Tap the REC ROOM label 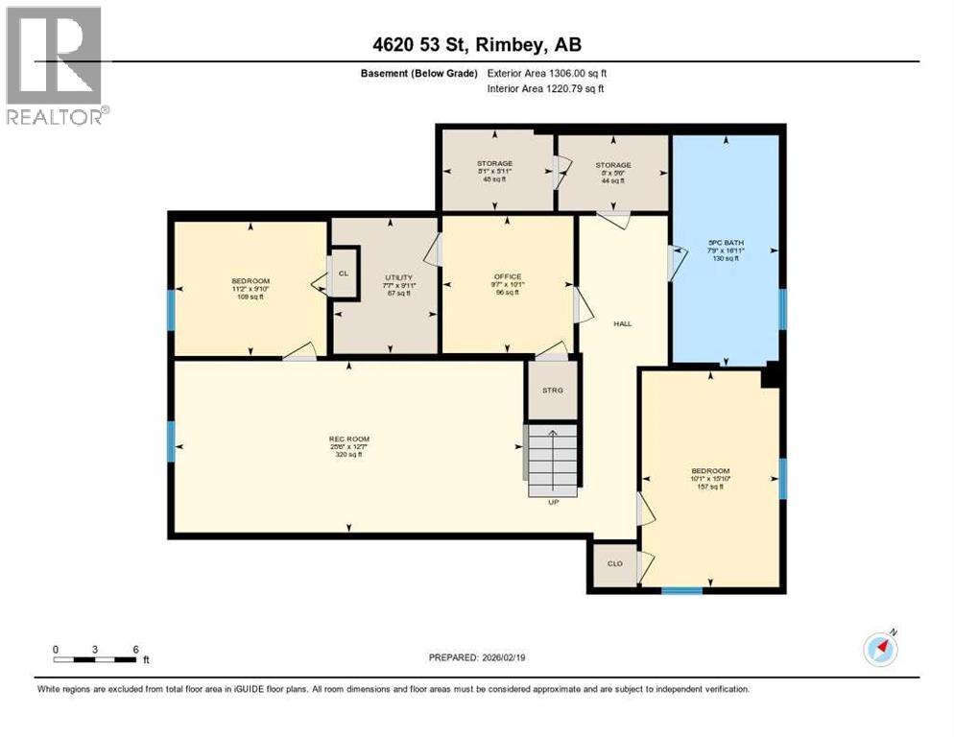(x=348, y=440)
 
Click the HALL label (x=623, y=323)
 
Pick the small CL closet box (x=343, y=272)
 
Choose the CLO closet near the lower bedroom (x=615, y=564)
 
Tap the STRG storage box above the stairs (x=552, y=390)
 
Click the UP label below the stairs (x=554, y=501)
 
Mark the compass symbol (x=880, y=649)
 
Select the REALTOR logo (x=55, y=67)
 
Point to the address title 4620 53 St (x=476, y=44)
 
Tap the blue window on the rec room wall (x=172, y=440)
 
